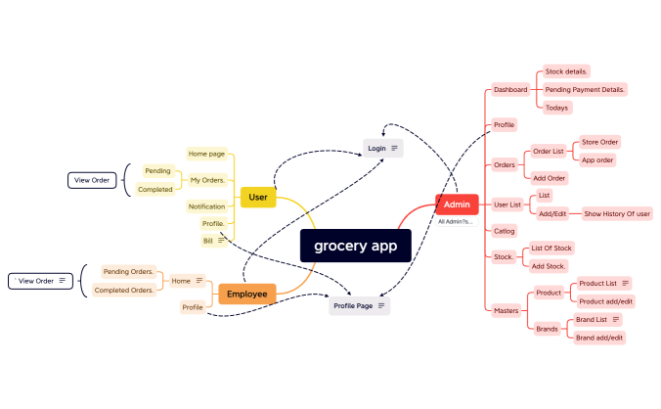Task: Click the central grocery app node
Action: [x=356, y=246]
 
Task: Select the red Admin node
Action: [x=457, y=204]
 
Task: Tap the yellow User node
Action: [x=258, y=197]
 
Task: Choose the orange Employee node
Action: [x=246, y=293]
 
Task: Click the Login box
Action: [x=382, y=148]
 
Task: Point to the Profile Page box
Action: [x=360, y=306]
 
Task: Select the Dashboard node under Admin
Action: [x=510, y=89]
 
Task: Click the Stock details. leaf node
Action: [x=567, y=71]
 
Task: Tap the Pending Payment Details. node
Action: [x=585, y=89]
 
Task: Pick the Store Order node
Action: [x=599, y=142]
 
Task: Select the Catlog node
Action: [x=505, y=231]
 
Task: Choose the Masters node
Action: [x=507, y=310]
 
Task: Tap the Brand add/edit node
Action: [x=599, y=337]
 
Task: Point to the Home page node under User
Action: [x=206, y=154]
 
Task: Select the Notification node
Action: [x=207, y=206]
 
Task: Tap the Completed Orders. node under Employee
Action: [x=124, y=290]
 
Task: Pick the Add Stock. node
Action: [x=549, y=266]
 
